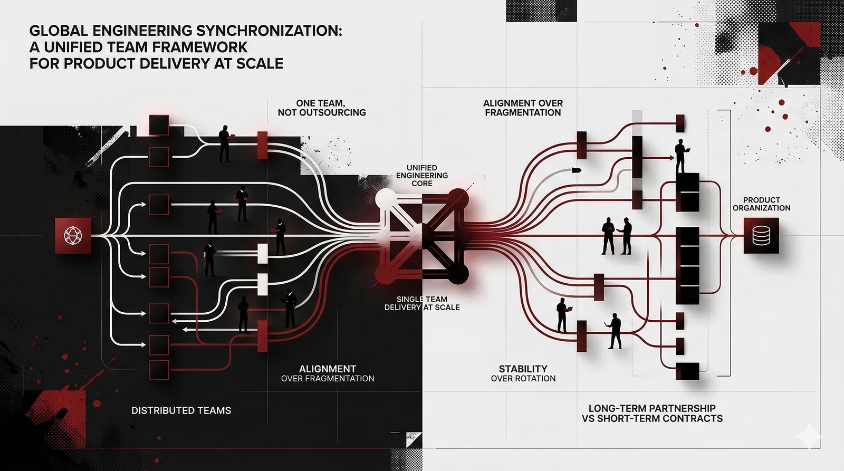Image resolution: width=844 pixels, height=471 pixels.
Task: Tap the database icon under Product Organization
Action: (761, 236)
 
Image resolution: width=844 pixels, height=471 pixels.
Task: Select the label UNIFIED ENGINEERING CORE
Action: (422, 176)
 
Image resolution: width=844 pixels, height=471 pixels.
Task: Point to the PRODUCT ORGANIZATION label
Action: (761, 204)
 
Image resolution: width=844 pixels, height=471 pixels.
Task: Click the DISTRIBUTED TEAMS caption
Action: (181, 410)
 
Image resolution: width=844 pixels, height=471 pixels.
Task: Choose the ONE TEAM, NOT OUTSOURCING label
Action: (321, 108)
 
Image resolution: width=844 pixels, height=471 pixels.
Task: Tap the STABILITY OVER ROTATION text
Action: (523, 373)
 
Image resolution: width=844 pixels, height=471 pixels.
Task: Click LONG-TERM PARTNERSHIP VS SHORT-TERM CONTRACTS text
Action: (652, 413)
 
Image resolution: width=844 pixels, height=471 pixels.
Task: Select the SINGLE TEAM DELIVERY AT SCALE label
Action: (422, 303)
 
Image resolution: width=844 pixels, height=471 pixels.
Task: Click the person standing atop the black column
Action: (680, 156)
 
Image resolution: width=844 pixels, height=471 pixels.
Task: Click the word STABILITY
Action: (523, 369)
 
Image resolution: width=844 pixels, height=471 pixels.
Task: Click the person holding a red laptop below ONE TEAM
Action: (225, 143)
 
